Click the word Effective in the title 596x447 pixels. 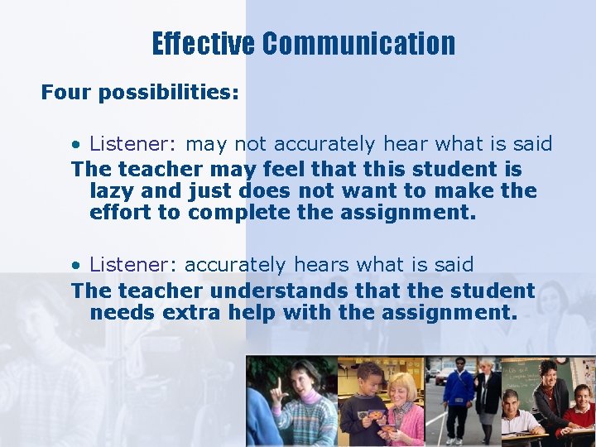point(203,44)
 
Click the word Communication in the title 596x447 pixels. point(358,44)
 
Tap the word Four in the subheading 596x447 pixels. point(66,93)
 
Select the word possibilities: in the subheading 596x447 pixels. point(168,93)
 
